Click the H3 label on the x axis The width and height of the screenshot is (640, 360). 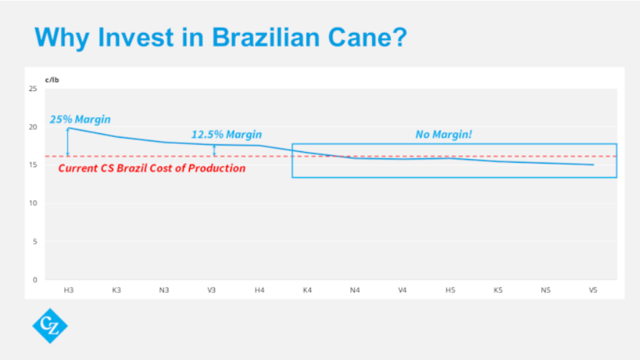point(68,290)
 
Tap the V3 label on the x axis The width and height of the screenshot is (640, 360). point(211,290)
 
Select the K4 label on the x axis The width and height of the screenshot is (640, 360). point(307,290)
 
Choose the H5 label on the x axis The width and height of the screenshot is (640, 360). point(450,290)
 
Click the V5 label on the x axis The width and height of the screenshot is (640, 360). point(593,290)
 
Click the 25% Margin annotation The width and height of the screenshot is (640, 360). point(80,119)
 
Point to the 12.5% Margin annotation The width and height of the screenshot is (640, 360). point(226,134)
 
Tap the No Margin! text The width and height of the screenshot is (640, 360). point(444,134)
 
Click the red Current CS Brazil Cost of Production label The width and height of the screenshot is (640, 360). point(151,169)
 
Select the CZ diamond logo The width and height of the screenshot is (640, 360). point(50,326)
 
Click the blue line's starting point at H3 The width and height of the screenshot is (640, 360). point(68,128)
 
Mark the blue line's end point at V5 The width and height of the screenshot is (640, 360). point(593,165)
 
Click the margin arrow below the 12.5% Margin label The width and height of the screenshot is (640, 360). point(214,150)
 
